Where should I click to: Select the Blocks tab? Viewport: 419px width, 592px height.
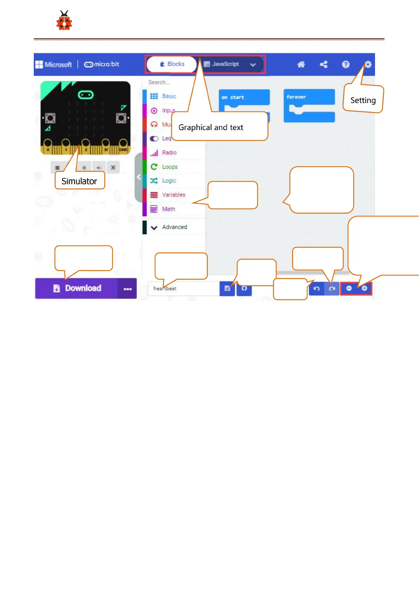click(172, 64)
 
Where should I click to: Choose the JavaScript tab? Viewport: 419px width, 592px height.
click(225, 64)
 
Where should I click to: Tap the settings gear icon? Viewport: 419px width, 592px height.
click(368, 64)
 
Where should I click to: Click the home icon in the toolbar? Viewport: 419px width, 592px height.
click(301, 64)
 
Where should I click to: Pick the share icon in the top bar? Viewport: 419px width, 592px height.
click(323, 64)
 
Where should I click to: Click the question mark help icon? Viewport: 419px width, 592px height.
click(345, 64)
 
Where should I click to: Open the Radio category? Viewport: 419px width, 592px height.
click(169, 153)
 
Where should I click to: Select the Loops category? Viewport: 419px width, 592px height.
click(170, 167)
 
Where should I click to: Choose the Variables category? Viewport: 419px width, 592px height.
click(173, 195)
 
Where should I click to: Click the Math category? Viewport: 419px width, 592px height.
click(168, 209)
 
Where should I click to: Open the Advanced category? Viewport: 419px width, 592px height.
click(174, 227)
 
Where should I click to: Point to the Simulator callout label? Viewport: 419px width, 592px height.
click(80, 181)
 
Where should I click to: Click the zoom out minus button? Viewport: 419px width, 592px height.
click(349, 288)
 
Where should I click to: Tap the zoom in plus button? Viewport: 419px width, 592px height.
click(364, 288)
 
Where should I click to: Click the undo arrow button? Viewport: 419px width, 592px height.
click(317, 289)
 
